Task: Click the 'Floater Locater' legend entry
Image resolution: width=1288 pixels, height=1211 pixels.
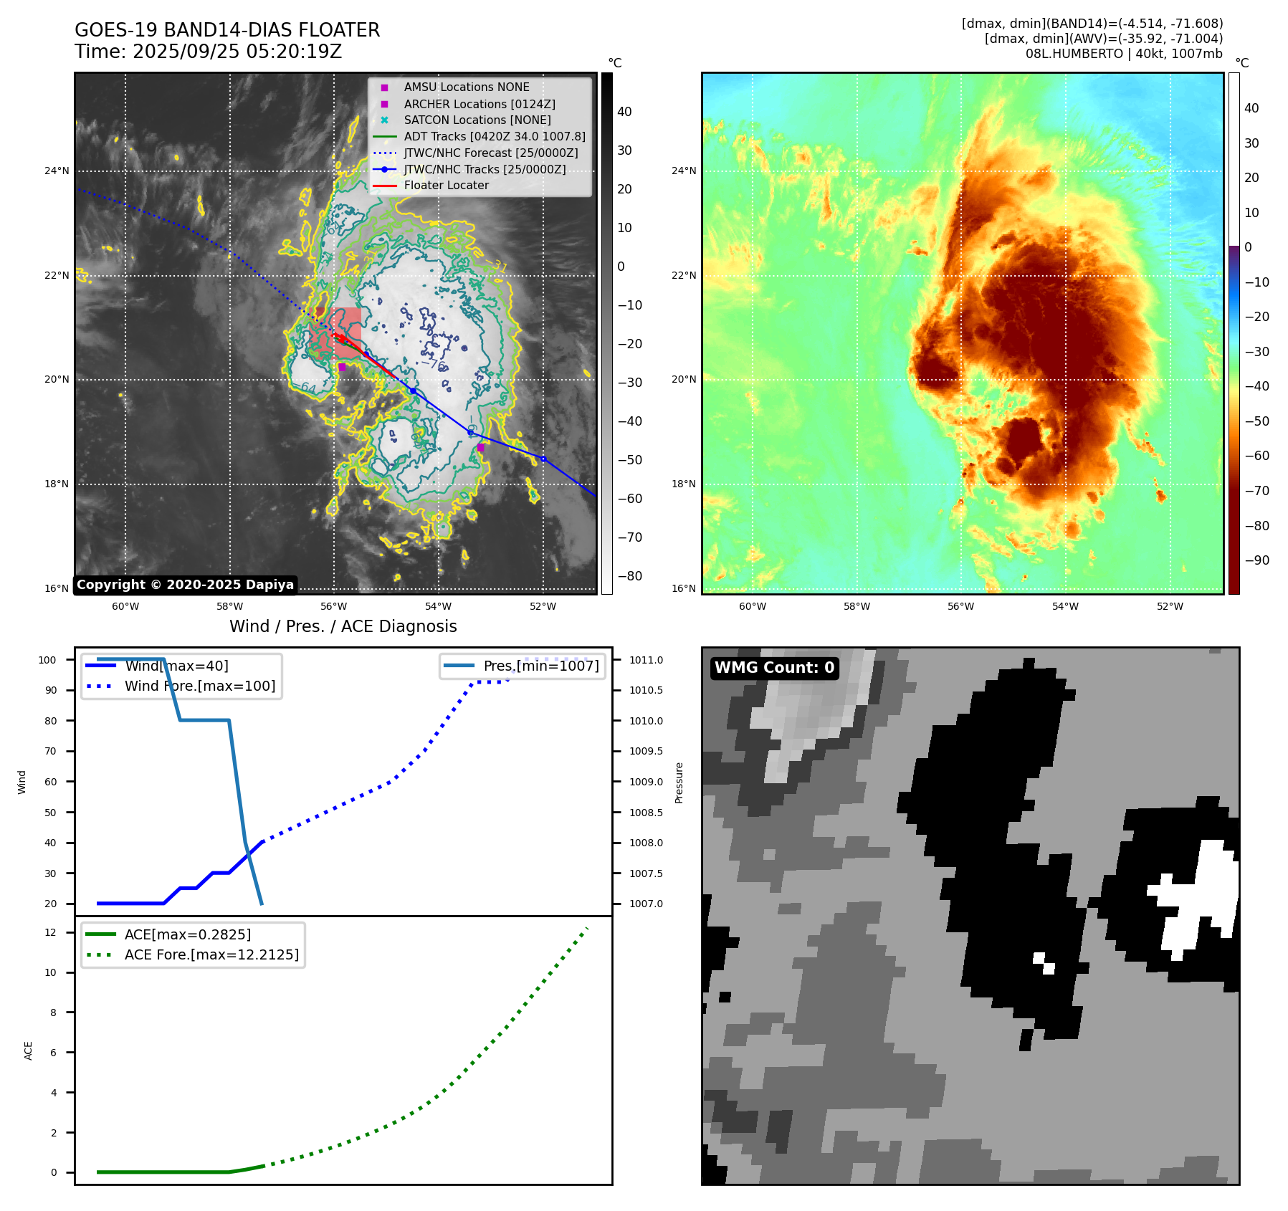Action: pos(446,186)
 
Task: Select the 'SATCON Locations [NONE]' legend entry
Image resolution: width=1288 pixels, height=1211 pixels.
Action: pos(477,120)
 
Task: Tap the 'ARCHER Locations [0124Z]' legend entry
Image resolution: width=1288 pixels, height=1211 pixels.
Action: pos(479,104)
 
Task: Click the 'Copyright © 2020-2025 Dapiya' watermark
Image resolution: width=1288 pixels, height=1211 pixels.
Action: pos(185,585)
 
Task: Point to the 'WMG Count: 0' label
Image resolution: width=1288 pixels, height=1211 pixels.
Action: pos(774,668)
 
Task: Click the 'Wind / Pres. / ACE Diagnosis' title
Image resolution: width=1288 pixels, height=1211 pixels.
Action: pos(343,626)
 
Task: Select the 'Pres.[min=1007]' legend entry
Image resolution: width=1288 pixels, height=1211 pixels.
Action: pos(540,666)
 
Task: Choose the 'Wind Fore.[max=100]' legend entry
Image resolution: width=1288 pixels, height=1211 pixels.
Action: pos(199,686)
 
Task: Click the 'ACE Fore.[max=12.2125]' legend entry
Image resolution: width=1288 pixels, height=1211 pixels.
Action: pos(211,954)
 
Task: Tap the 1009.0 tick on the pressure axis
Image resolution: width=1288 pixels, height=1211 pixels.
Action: pos(646,782)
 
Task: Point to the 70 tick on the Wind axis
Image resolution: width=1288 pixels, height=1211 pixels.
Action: pos(51,751)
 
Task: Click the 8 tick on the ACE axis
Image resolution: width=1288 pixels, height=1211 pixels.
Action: pos(53,1013)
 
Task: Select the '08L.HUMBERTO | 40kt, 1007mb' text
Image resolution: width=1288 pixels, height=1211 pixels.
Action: pos(1123,54)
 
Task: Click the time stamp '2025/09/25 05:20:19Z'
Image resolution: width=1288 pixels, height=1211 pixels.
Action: pos(237,52)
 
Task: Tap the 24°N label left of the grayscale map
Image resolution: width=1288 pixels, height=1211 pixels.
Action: pos(57,171)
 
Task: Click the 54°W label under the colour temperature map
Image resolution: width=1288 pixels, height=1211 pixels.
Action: pos(1065,606)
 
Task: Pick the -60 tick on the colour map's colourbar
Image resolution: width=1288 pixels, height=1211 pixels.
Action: pos(1256,456)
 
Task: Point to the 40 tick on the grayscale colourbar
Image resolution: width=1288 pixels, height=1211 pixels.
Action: pos(624,112)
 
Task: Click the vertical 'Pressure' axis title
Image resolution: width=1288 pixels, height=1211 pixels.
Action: pos(679,782)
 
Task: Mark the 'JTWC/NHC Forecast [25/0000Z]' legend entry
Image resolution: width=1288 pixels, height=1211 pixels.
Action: pos(490,153)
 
